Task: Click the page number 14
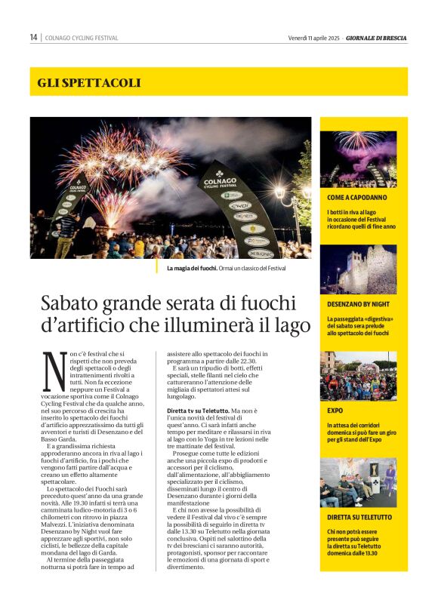[34, 38]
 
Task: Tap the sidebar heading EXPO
[335, 411]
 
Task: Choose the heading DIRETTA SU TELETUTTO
[359, 518]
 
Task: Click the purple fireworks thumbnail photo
[358, 159]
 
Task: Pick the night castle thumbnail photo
[358, 269]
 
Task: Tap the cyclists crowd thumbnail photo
[358, 376]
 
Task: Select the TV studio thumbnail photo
[358, 482]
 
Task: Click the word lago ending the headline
[292, 326]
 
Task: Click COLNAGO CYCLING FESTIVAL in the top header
[82, 38]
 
